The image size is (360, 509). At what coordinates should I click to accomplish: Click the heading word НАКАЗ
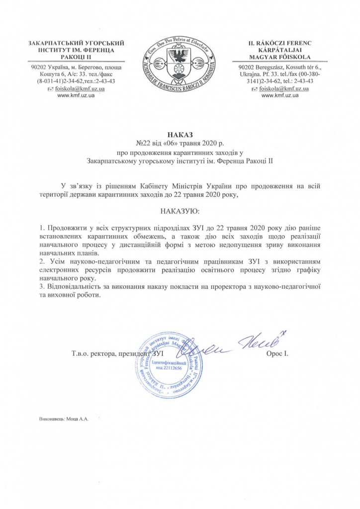pos(180,135)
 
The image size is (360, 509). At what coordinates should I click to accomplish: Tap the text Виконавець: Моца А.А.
pos(63,419)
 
